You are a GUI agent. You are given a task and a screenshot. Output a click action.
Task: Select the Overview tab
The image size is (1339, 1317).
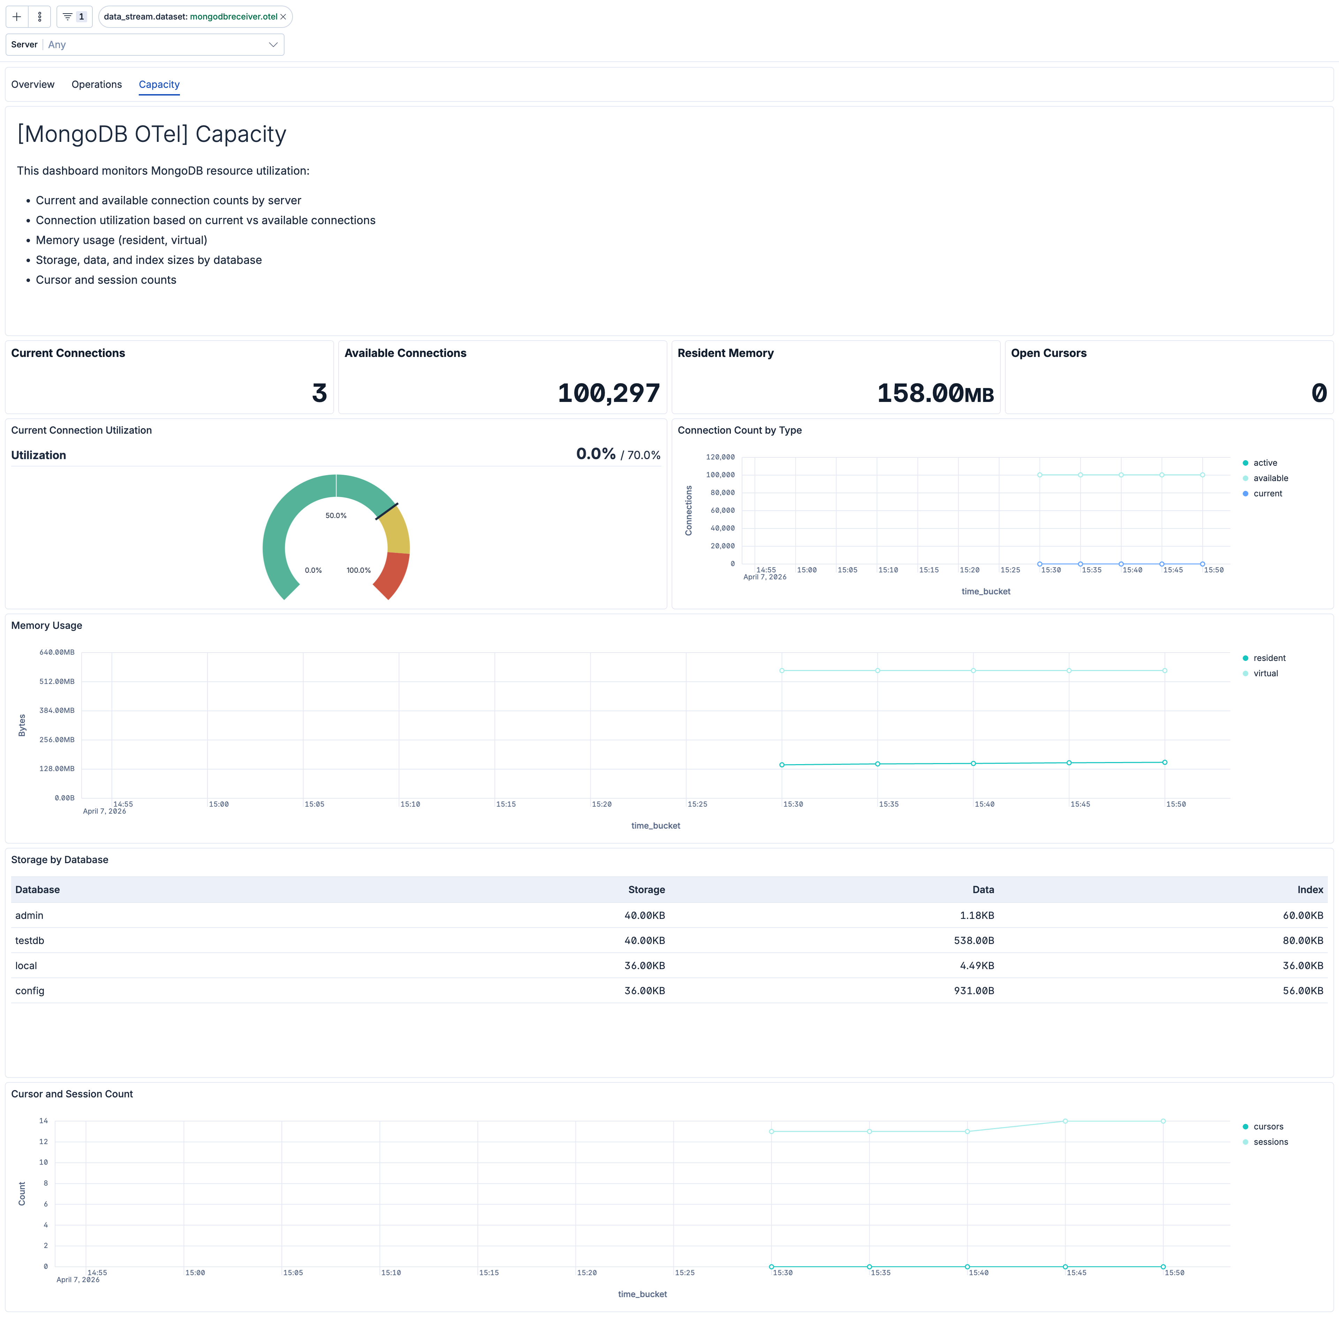point(32,84)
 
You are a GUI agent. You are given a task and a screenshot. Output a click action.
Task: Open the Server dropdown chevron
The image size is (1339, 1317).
point(273,45)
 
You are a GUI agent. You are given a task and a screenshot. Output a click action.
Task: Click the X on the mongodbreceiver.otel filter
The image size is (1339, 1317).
point(283,17)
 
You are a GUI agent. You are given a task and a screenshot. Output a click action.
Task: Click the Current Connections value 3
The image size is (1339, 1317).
point(319,393)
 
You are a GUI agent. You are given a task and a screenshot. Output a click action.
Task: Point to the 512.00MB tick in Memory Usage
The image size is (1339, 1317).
point(57,681)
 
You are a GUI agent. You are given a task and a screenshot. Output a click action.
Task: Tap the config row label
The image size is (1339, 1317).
point(30,990)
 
